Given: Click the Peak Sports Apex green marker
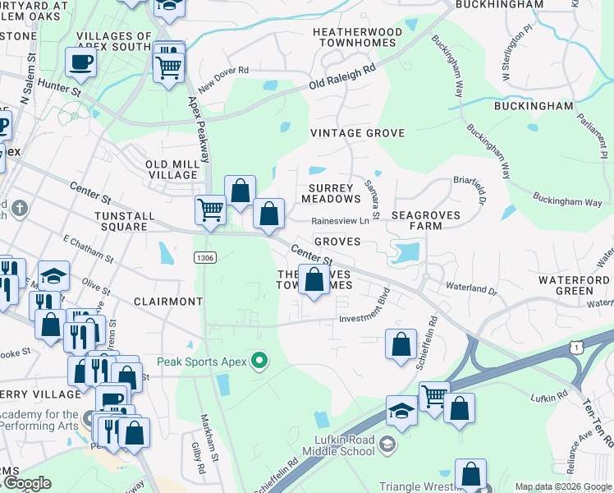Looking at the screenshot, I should click(x=260, y=361).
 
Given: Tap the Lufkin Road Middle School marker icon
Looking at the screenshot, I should click(x=387, y=445).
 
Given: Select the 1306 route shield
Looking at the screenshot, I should click(x=205, y=258).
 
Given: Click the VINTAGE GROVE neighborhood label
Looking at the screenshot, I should click(x=357, y=132).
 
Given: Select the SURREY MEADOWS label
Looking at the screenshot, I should click(x=332, y=193).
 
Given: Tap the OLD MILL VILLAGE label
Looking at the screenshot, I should click(x=172, y=169).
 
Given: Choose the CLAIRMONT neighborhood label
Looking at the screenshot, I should click(x=167, y=302).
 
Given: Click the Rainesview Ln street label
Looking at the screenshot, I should click(x=340, y=220).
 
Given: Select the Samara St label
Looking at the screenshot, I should click(x=372, y=200).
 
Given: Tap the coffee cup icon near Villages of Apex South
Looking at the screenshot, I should click(x=80, y=62).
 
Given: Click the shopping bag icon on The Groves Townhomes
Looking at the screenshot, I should click(x=314, y=280).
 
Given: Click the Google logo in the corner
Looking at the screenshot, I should click(x=26, y=483).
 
